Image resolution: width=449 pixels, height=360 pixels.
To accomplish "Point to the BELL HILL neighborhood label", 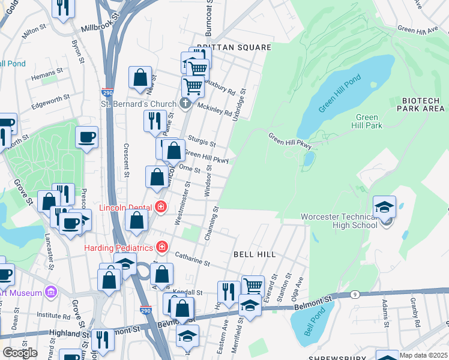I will click(x=255, y=254).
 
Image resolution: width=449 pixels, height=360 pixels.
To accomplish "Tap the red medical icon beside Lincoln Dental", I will click(x=160, y=208).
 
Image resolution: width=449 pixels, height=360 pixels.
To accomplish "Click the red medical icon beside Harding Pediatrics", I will click(x=161, y=247).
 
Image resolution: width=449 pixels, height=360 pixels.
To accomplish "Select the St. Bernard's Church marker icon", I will click(x=185, y=103).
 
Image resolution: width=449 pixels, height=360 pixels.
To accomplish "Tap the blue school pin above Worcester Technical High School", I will click(x=384, y=207).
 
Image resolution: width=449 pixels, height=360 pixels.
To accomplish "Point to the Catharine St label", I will click(x=192, y=259).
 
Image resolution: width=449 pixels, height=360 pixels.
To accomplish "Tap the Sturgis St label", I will click(x=202, y=141).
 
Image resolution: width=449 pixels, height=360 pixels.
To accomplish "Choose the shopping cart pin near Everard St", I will click(x=253, y=286).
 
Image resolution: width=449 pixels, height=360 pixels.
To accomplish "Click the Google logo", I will click(x=20, y=353).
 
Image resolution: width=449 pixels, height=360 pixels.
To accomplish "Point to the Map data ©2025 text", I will click(x=424, y=355).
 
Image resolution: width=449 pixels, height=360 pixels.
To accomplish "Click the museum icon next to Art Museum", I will click(x=50, y=292).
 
